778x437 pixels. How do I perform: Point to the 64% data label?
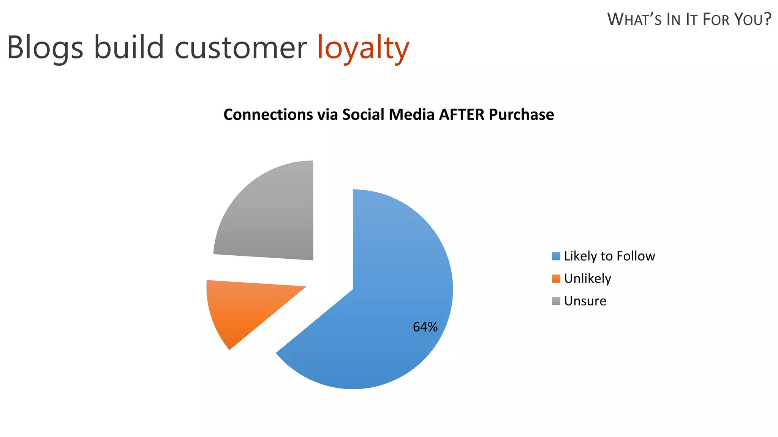tap(425, 327)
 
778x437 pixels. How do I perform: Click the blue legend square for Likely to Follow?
tap(556, 256)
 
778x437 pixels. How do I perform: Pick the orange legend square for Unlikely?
tap(556, 278)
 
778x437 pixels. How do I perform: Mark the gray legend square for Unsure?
tap(556, 301)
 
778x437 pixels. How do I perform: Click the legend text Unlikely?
tap(587, 278)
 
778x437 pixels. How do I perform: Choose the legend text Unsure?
tap(585, 301)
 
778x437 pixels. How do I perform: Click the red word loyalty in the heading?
tap(363, 48)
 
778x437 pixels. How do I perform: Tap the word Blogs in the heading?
tap(45, 48)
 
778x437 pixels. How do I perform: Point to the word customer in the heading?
tap(240, 48)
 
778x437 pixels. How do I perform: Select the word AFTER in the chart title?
tap(461, 115)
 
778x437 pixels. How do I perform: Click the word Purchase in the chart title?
tap(521, 115)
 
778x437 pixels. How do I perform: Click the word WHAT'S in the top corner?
tap(634, 19)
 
